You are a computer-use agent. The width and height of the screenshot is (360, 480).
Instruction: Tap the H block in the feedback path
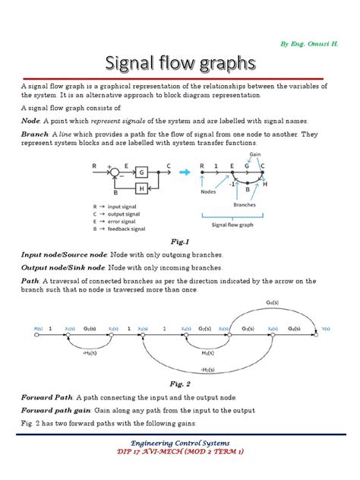point(142,188)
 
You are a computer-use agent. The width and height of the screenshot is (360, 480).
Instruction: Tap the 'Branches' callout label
point(245,205)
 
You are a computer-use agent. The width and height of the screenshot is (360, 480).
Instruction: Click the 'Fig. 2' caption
point(180,384)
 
